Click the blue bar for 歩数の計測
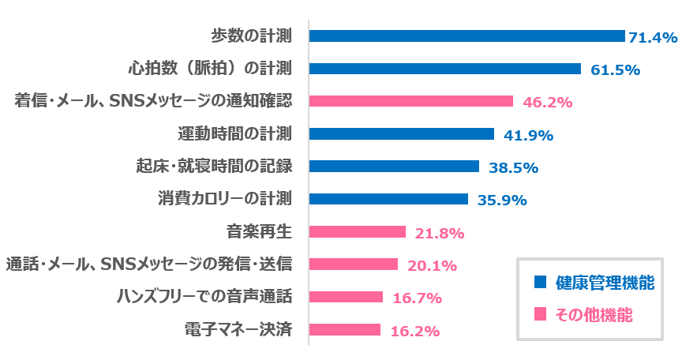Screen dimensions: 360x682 coord(467,36)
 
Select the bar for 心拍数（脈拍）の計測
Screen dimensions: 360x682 coord(444,69)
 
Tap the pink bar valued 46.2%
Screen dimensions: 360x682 coord(411,101)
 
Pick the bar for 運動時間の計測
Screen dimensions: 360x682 coord(401,134)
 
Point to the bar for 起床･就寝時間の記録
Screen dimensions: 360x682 coord(394,167)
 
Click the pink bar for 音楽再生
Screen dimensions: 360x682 coord(357,232)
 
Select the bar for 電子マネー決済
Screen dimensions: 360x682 coord(344,330)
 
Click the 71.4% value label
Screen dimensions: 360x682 coord(653,37)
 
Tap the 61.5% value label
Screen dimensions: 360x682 coord(615,69)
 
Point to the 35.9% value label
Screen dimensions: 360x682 coord(502,200)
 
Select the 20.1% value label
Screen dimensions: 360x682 coord(432,265)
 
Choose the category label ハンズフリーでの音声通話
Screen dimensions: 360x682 coord(204,297)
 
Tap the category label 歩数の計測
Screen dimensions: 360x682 coord(252,36)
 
